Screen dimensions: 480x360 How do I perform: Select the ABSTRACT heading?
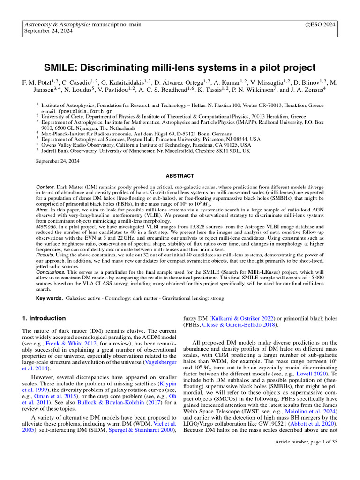[180, 176]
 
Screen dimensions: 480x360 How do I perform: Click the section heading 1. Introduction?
[44, 318]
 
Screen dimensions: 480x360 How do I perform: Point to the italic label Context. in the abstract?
[45, 186]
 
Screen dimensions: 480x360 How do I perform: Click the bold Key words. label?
[49, 298]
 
